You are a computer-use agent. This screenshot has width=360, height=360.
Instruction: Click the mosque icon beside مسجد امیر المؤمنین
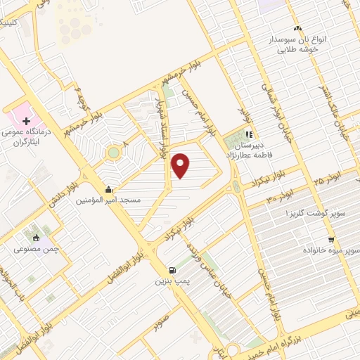point(108,189)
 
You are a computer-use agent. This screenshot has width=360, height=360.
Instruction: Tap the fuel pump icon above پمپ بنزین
point(172,270)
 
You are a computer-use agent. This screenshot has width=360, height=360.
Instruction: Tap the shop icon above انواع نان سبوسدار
point(297,29)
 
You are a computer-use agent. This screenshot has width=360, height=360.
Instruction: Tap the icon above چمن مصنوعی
point(37,236)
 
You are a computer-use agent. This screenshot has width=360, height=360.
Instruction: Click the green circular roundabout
point(113,152)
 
